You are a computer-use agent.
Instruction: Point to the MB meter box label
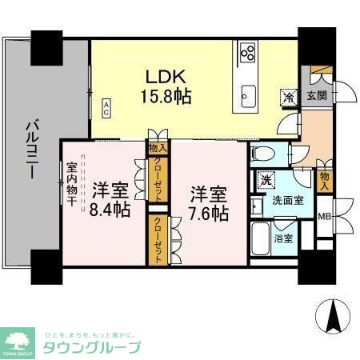(325, 216)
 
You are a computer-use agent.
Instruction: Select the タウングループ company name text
(95, 347)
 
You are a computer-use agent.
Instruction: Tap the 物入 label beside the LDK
(157, 146)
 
